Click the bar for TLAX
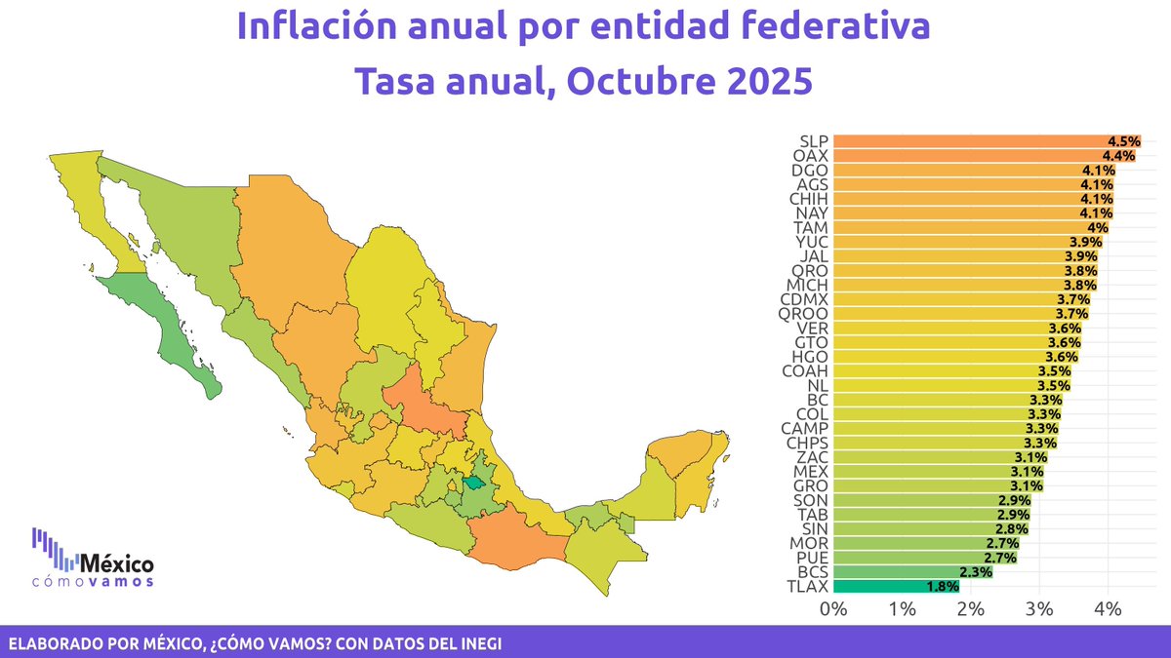(x=896, y=586)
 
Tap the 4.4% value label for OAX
(x=1119, y=156)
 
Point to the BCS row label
(x=813, y=572)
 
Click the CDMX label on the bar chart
(x=805, y=298)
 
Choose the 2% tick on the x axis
(x=971, y=609)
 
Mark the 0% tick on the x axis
(x=833, y=609)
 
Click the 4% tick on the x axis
(x=1109, y=609)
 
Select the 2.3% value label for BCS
(x=977, y=572)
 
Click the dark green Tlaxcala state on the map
(x=473, y=481)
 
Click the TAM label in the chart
(x=813, y=227)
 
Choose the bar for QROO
(x=961, y=313)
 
